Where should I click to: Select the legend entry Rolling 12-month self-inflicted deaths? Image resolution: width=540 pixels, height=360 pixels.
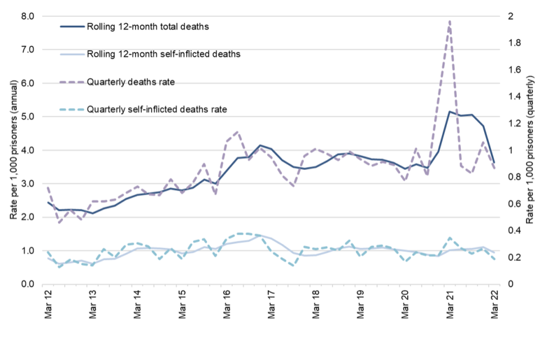(163, 54)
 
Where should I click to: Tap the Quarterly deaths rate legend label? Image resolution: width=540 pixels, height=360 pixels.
(130, 82)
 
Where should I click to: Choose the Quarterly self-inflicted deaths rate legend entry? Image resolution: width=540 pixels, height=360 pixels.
(156, 109)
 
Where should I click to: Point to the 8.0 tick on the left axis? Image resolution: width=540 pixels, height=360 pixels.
(26, 16)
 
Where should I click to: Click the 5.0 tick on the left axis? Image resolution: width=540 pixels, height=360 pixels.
(26, 117)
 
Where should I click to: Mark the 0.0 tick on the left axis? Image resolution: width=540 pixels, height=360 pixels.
(26, 284)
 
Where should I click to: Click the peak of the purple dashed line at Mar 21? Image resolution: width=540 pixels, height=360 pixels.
(450, 21)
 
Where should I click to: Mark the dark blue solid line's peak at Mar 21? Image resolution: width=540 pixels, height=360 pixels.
(450, 111)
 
